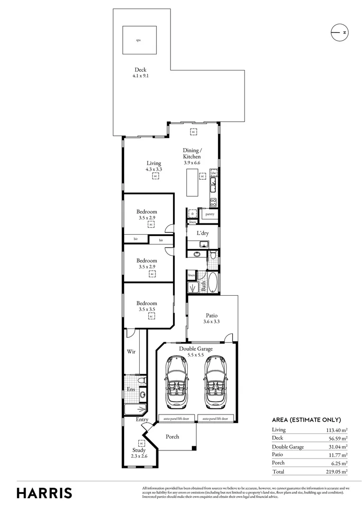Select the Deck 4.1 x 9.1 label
click(x=140, y=72)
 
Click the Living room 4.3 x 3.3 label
click(x=154, y=166)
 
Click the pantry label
click(x=210, y=214)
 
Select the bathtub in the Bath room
click(x=212, y=283)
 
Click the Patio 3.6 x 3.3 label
click(x=212, y=318)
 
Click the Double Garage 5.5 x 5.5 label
click(x=195, y=352)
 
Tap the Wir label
click(x=132, y=352)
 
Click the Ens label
click(x=131, y=389)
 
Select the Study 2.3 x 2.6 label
click(x=139, y=453)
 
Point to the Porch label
click(x=172, y=436)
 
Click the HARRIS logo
click(x=45, y=493)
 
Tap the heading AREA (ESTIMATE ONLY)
click(x=306, y=420)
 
